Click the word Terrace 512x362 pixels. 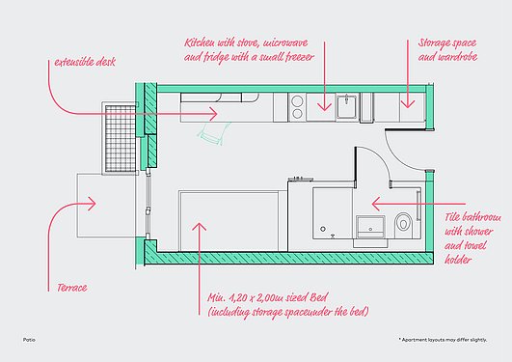[72, 288]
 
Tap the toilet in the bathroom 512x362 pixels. [404, 225]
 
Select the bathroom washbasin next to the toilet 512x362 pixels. [370, 227]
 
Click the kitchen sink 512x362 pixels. [347, 105]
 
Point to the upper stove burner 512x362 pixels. [297, 100]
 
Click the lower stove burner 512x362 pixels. [297, 114]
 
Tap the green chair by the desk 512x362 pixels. [213, 133]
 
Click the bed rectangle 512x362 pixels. [229, 221]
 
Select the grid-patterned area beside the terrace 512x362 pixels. [120, 138]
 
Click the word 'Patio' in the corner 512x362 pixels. [29, 340]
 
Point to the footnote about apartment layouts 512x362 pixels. [443, 340]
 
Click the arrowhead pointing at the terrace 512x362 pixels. [92, 204]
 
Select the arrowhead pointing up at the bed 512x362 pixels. [200, 227]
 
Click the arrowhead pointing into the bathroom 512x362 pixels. [375, 204]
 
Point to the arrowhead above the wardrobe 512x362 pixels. [408, 104]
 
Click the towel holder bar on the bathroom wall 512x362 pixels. [418, 206]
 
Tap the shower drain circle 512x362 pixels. [323, 229]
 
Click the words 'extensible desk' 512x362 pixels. [85, 62]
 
